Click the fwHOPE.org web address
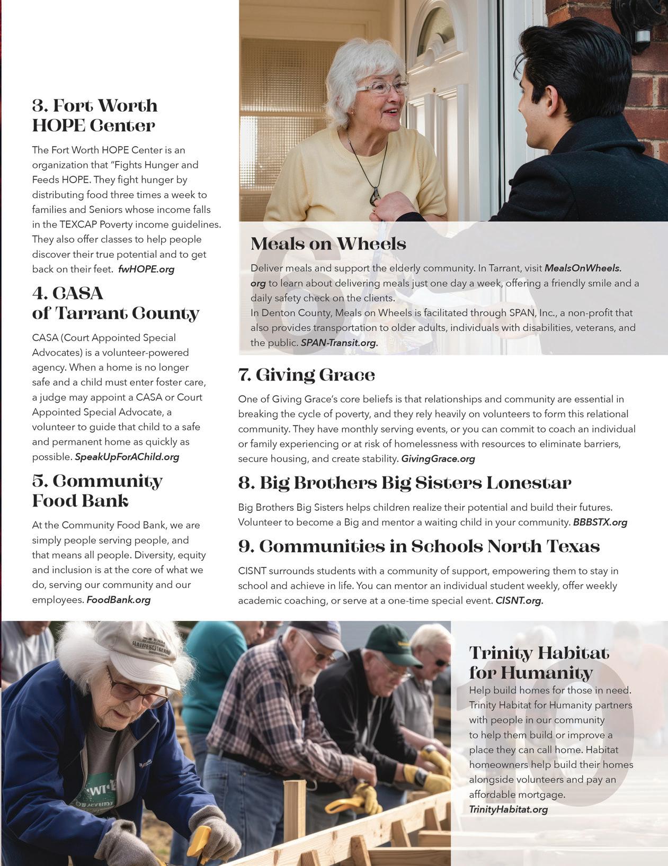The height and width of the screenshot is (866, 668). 146,269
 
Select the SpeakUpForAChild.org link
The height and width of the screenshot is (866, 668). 127,457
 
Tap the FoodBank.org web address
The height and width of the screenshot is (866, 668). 119,600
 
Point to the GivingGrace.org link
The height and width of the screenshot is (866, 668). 438,459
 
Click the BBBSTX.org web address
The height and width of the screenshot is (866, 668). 600,522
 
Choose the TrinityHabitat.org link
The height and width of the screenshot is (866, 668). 508,809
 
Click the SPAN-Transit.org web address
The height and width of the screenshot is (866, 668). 339,343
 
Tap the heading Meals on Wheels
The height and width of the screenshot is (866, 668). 328,243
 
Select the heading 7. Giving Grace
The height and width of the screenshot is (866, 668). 307,375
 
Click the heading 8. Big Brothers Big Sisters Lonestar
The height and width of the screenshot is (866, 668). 405,483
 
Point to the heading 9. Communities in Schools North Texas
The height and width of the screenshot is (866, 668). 418,547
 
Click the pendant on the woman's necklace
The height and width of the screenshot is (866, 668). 375,196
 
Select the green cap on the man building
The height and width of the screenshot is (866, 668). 393,644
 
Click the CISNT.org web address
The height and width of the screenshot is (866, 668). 519,601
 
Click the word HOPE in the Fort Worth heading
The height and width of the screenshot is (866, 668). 58,126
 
